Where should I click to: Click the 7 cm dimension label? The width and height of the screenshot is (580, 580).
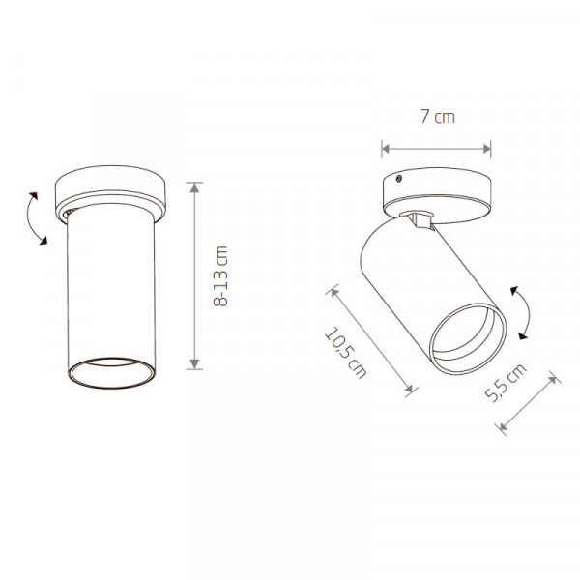(x=437, y=117)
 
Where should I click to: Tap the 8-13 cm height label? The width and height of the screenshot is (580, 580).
(x=220, y=276)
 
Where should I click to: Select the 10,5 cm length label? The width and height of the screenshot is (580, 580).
(x=345, y=353)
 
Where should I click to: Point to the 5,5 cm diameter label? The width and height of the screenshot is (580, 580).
(x=506, y=383)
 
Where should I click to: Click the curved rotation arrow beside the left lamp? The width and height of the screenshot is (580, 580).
(x=30, y=218)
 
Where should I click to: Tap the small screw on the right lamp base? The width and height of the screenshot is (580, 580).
(x=399, y=179)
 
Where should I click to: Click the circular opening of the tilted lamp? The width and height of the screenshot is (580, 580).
(x=468, y=338)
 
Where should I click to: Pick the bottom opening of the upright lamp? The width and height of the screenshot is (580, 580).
(x=111, y=373)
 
